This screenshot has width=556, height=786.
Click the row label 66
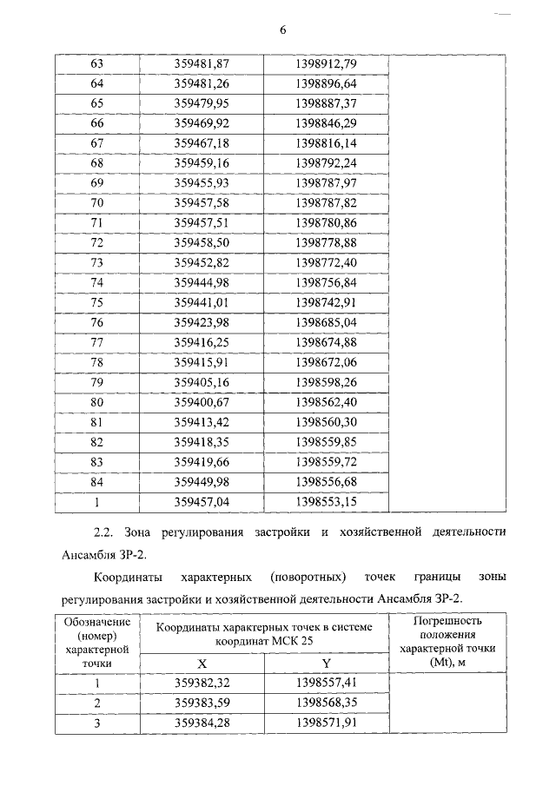pyautogui.click(x=97, y=123)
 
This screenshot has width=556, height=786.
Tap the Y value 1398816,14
pyautogui.click(x=326, y=142)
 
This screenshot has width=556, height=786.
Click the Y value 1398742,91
pyautogui.click(x=326, y=302)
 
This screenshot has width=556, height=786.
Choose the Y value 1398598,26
pyautogui.click(x=326, y=382)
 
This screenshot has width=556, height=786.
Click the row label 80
pyautogui.click(x=97, y=402)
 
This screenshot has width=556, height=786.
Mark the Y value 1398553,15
pyautogui.click(x=326, y=501)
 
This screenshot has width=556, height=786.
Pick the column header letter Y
pyautogui.click(x=326, y=663)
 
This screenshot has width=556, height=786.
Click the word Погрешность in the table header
pyautogui.click(x=447, y=622)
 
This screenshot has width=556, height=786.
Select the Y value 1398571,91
pyautogui.click(x=326, y=722)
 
